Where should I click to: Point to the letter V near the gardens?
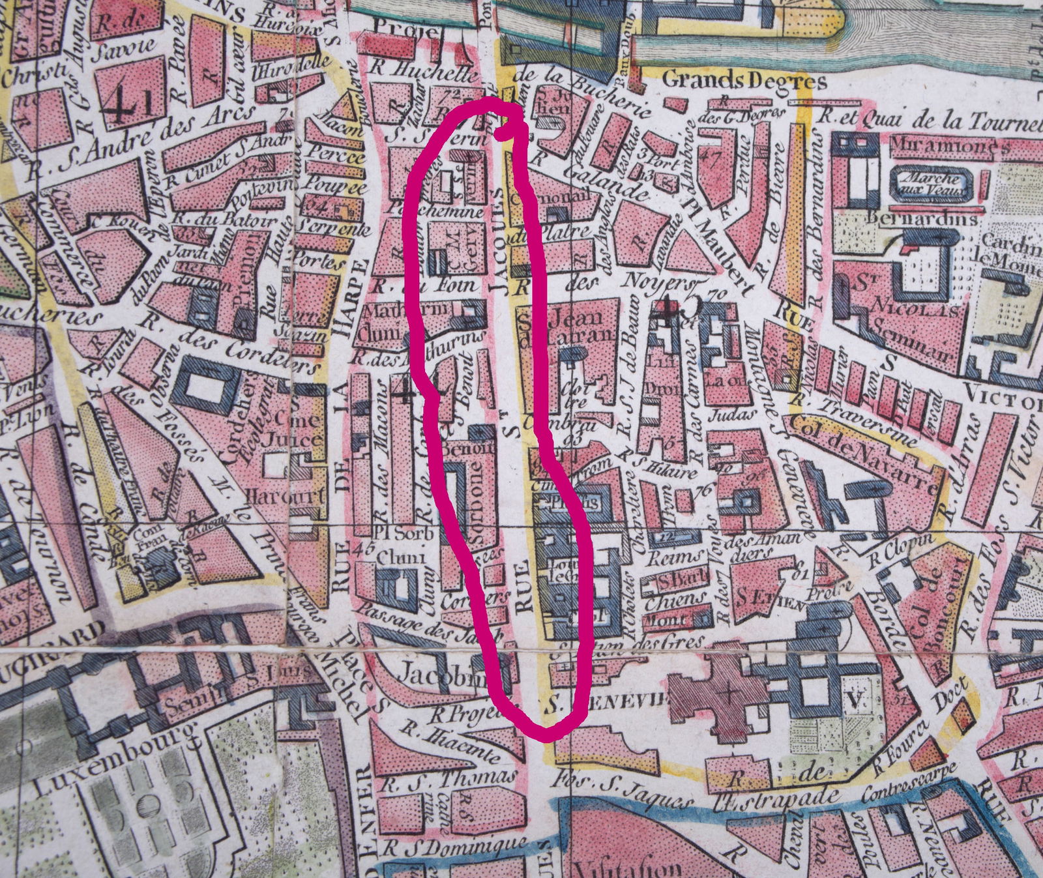(855, 699)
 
